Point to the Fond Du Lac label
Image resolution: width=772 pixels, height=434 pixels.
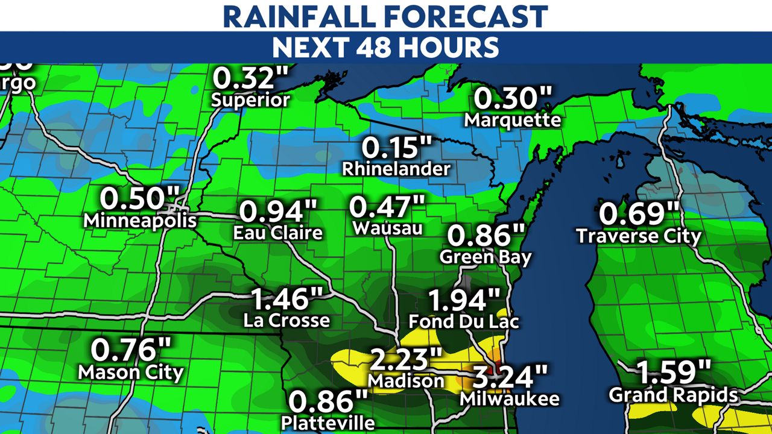pos(463,321)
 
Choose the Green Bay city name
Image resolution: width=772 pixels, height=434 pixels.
pos(486,257)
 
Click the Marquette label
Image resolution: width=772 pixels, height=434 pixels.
pos(513,119)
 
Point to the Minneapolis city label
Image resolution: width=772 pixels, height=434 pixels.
pos(140,220)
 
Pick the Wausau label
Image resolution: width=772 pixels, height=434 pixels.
pos(387,228)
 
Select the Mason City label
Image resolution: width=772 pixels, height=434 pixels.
pos(131,372)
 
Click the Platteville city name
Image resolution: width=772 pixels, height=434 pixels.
pos(327,421)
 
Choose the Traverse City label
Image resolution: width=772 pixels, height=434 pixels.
pos(639,236)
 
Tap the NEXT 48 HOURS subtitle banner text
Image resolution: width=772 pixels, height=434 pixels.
pos(385,47)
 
